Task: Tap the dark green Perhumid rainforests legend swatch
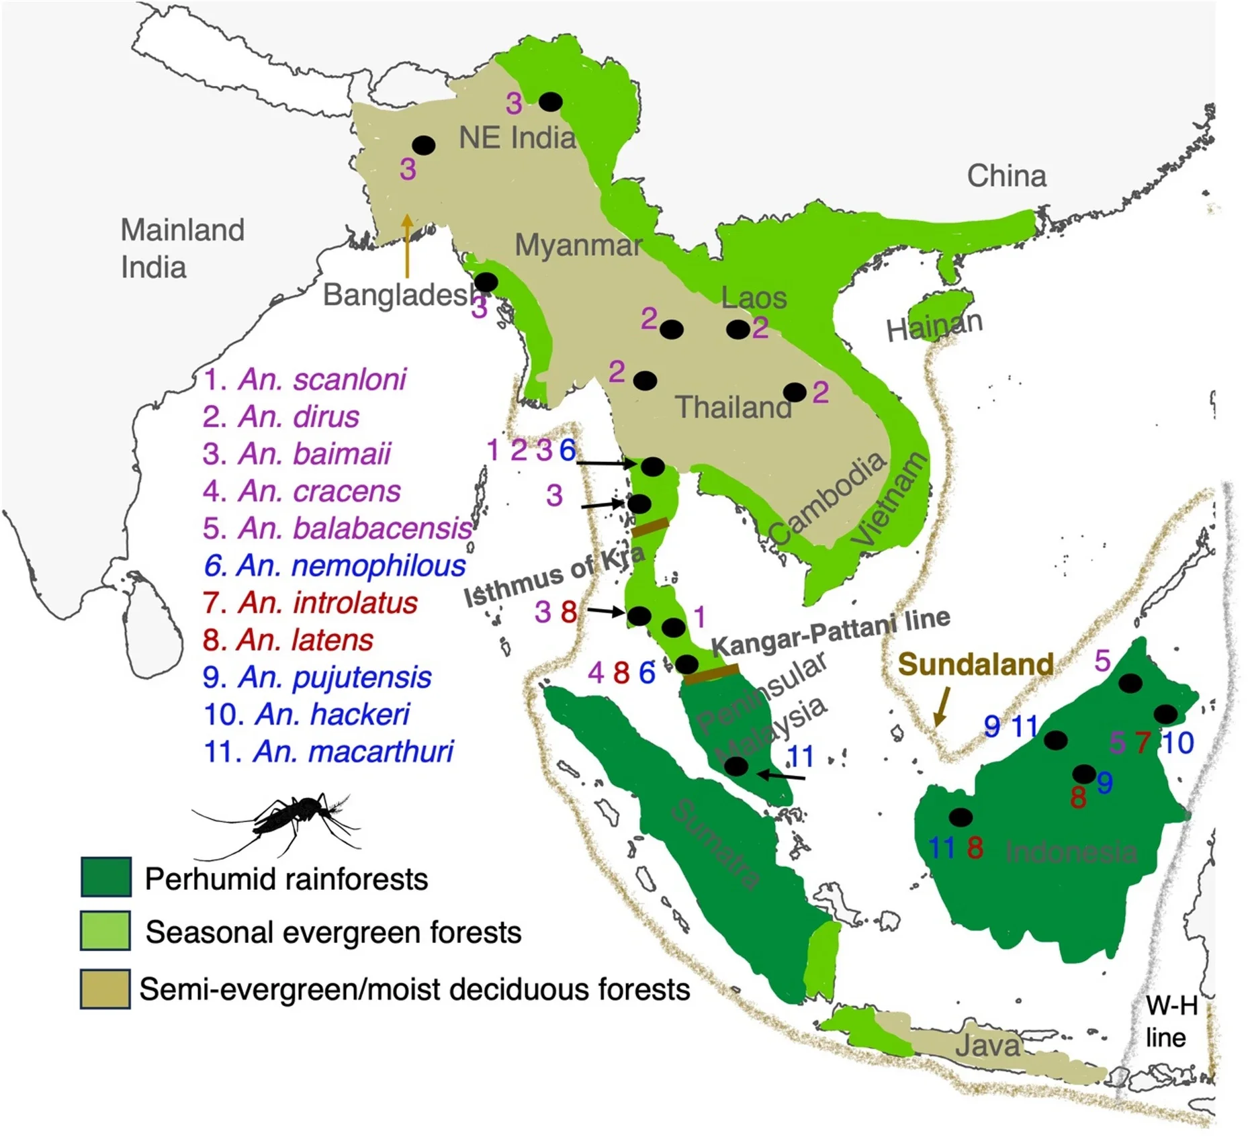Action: (105, 876)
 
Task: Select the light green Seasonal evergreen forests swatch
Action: (105, 930)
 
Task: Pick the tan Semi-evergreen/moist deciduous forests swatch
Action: (105, 989)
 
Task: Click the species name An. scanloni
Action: (321, 379)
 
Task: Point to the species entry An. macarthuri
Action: (352, 752)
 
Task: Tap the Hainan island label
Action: (934, 326)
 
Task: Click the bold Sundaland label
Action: (975, 664)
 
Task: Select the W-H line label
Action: (1171, 1022)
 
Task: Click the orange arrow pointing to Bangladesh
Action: (406, 246)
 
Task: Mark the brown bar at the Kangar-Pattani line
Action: (712, 673)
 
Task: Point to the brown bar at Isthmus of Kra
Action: (650, 527)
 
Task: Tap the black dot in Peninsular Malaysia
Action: (736, 766)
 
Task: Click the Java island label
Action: (987, 1046)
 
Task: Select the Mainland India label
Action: (181, 248)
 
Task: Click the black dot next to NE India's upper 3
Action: (551, 101)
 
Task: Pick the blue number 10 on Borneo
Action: (1177, 743)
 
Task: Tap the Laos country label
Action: (754, 298)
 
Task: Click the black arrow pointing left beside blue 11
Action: (781, 776)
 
